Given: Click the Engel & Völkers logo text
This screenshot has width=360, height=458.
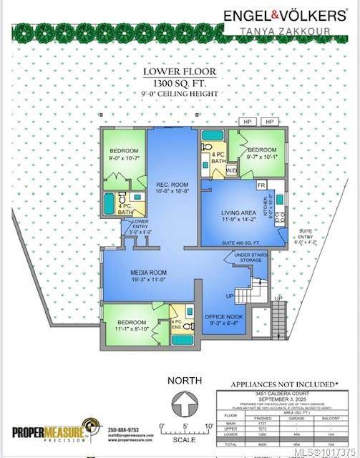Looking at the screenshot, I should pos(285,14).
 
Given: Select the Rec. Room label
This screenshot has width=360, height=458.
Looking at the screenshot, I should pos(172,187).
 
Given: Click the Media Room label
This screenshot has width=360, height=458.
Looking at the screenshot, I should pos(148,276).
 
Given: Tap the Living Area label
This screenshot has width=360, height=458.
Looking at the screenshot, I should pos(229,213).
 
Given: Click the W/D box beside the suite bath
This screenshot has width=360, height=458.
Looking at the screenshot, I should pos(231,171).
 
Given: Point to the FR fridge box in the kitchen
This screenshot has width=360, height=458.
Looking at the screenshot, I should pos(261,185).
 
